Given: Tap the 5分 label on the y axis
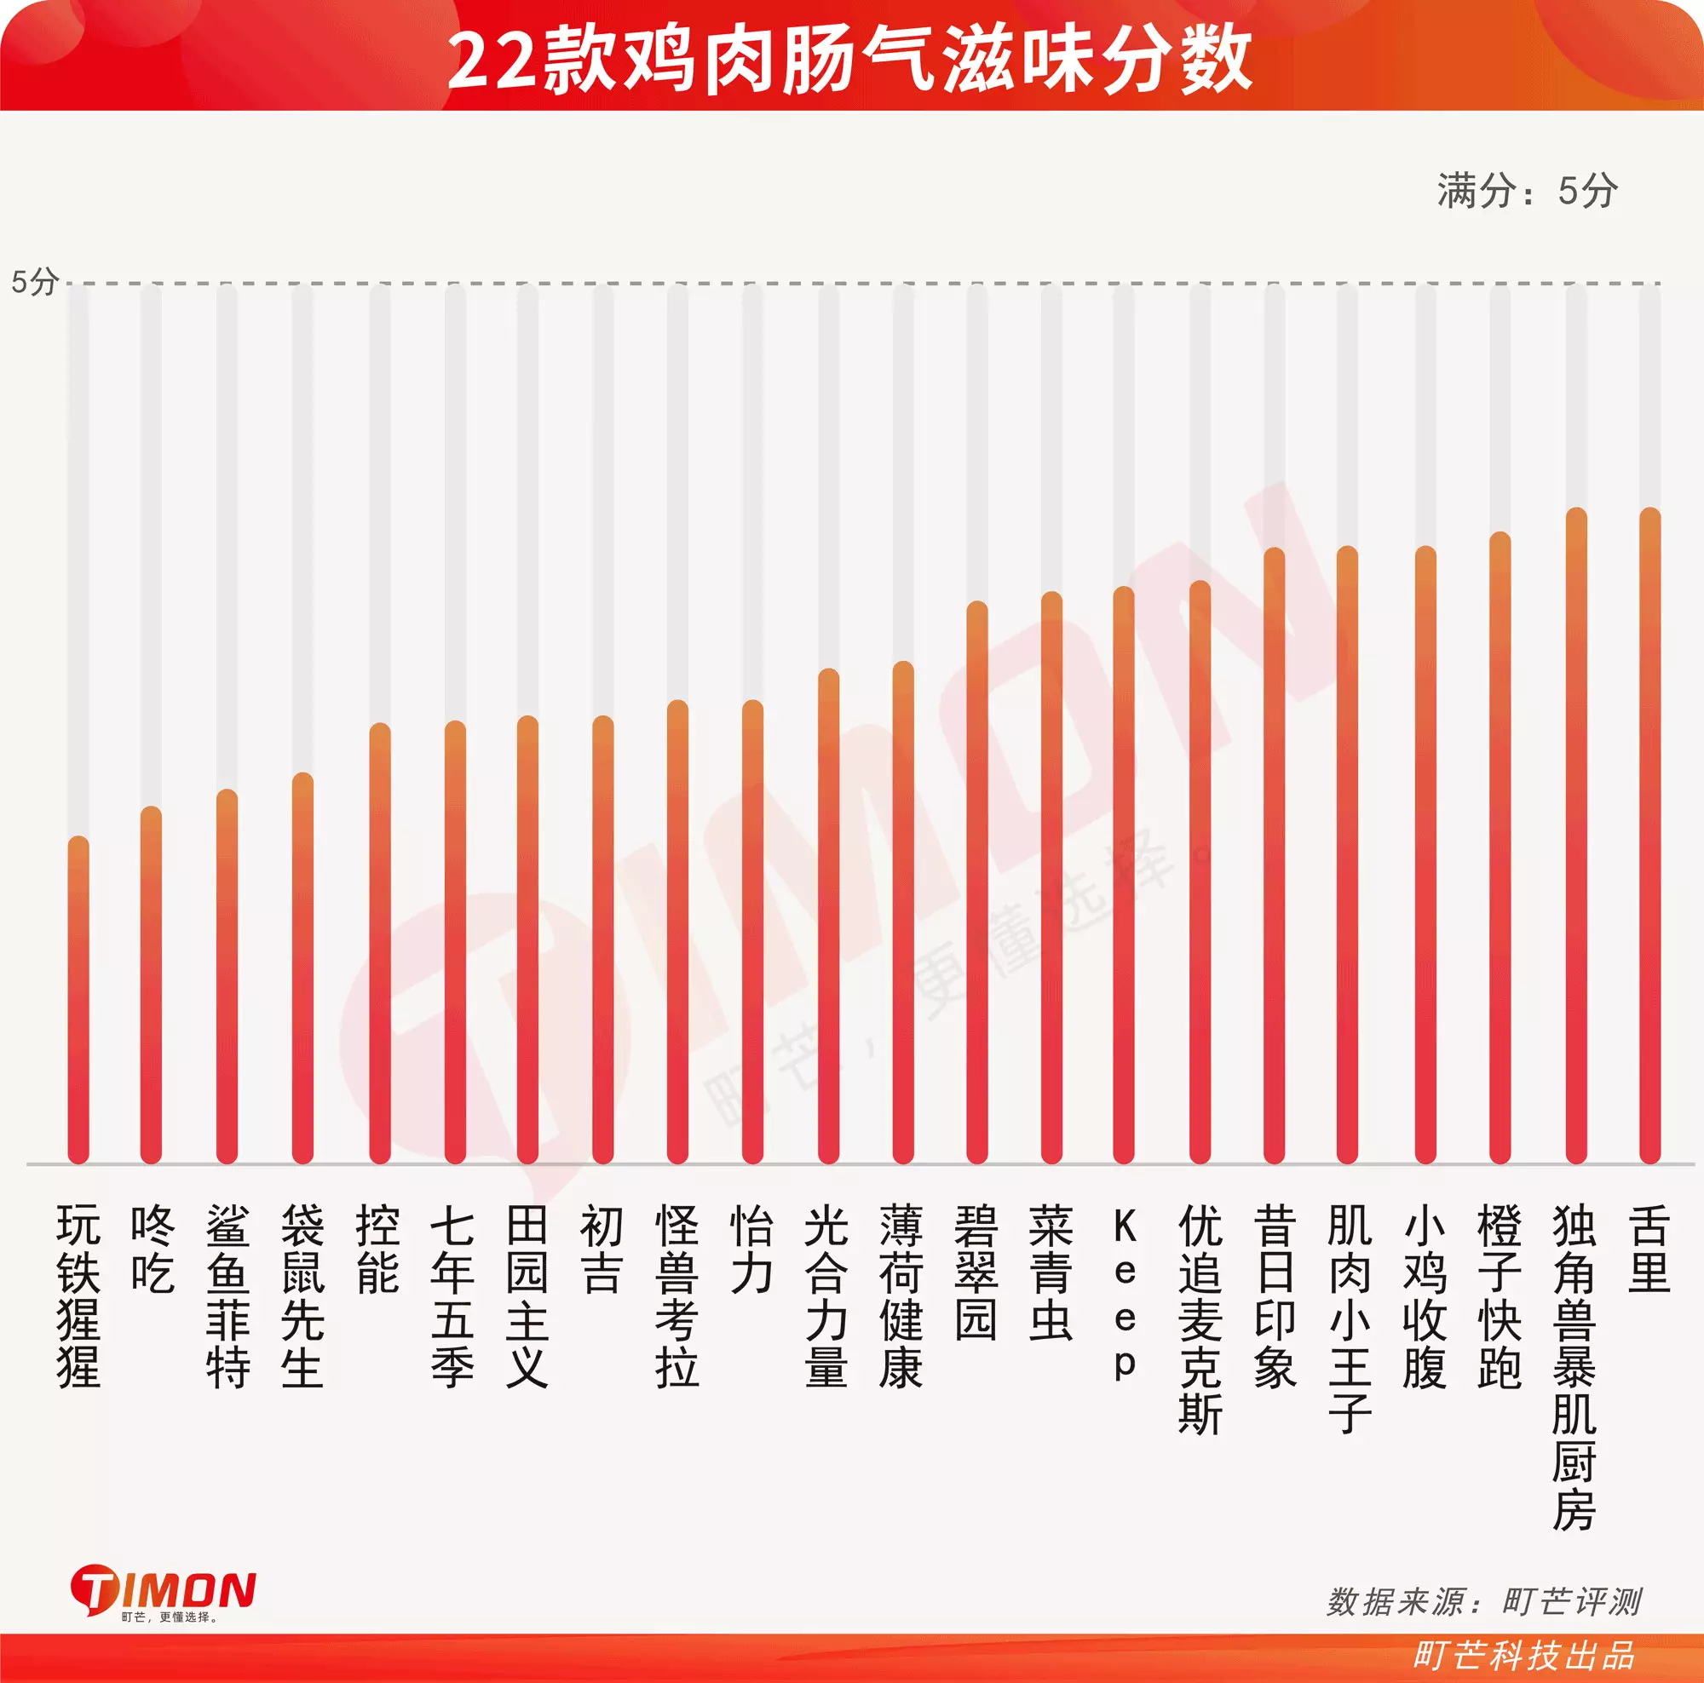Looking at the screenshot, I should point(34,282).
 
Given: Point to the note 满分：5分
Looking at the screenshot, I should point(1527,191).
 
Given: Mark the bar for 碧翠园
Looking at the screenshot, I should point(976,882).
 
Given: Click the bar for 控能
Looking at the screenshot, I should point(379,943).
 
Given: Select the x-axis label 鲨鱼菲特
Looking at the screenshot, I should point(227,1296).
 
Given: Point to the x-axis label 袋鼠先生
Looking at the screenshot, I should point(302,1296).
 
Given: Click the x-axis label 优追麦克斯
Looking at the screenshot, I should point(1200,1319).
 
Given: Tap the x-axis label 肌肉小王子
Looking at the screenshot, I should point(1349,1319).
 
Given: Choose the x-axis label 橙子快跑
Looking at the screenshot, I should point(1500,1296).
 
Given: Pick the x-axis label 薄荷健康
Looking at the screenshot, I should point(901,1296).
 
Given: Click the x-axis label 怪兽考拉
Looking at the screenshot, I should point(676,1296).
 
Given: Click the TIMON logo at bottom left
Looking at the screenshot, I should point(164,1590).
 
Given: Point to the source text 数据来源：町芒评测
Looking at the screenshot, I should point(1483,1601).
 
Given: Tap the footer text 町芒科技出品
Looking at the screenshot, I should point(1523,1655).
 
